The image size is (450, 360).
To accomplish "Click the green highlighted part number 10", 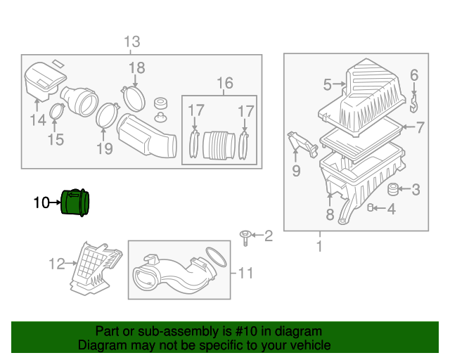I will pyautogui.click(x=77, y=202).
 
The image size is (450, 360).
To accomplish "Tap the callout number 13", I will pyautogui.click(x=131, y=41).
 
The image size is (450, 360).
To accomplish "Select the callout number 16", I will pyautogui.click(x=224, y=84).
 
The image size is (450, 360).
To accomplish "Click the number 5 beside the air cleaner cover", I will pyautogui.click(x=327, y=85).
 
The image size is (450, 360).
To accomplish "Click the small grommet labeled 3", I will pyautogui.click(x=394, y=188).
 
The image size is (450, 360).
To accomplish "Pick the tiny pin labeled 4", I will pyautogui.click(x=371, y=207).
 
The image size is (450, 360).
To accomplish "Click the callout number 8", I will pyautogui.click(x=329, y=215).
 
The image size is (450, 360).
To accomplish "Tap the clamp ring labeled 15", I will pyautogui.click(x=59, y=110).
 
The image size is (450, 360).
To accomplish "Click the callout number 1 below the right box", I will pyautogui.click(x=319, y=246).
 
